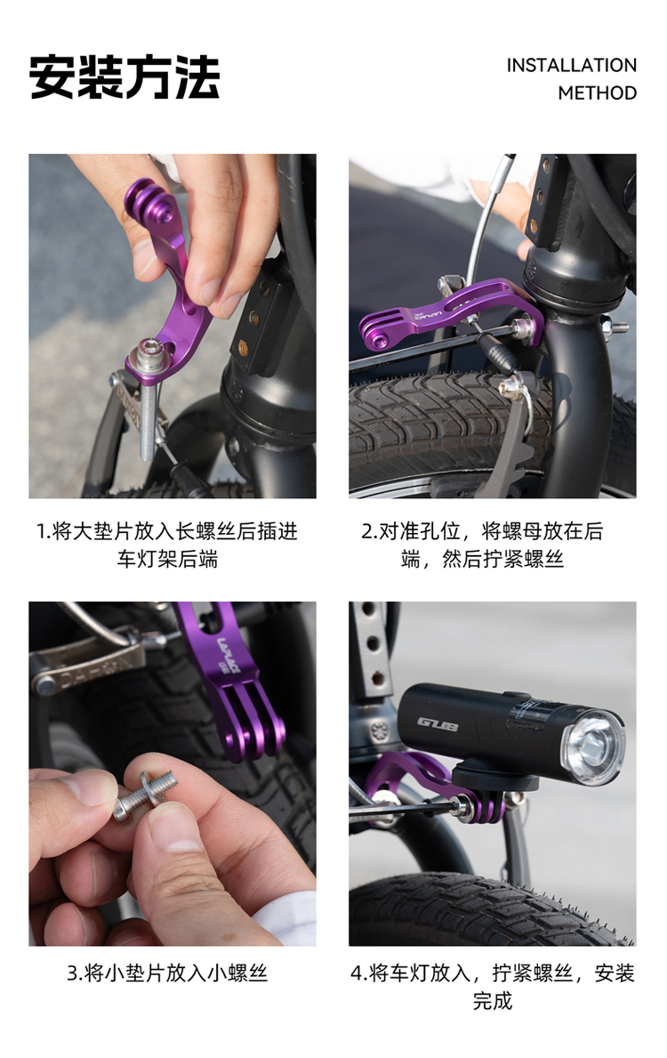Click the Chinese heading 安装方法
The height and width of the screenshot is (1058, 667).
[x=125, y=77]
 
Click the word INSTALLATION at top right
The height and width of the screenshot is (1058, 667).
[x=571, y=66]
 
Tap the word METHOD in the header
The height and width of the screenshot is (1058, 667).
[x=597, y=93]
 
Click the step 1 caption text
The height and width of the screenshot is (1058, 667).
[x=167, y=545]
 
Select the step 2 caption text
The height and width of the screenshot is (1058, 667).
[x=482, y=545]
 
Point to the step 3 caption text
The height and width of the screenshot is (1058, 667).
[x=167, y=973]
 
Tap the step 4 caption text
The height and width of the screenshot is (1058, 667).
[x=493, y=987]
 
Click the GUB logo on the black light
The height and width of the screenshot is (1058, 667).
[x=437, y=724]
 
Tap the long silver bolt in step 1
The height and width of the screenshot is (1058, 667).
[x=149, y=398]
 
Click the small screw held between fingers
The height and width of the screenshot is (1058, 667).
[x=146, y=796]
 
